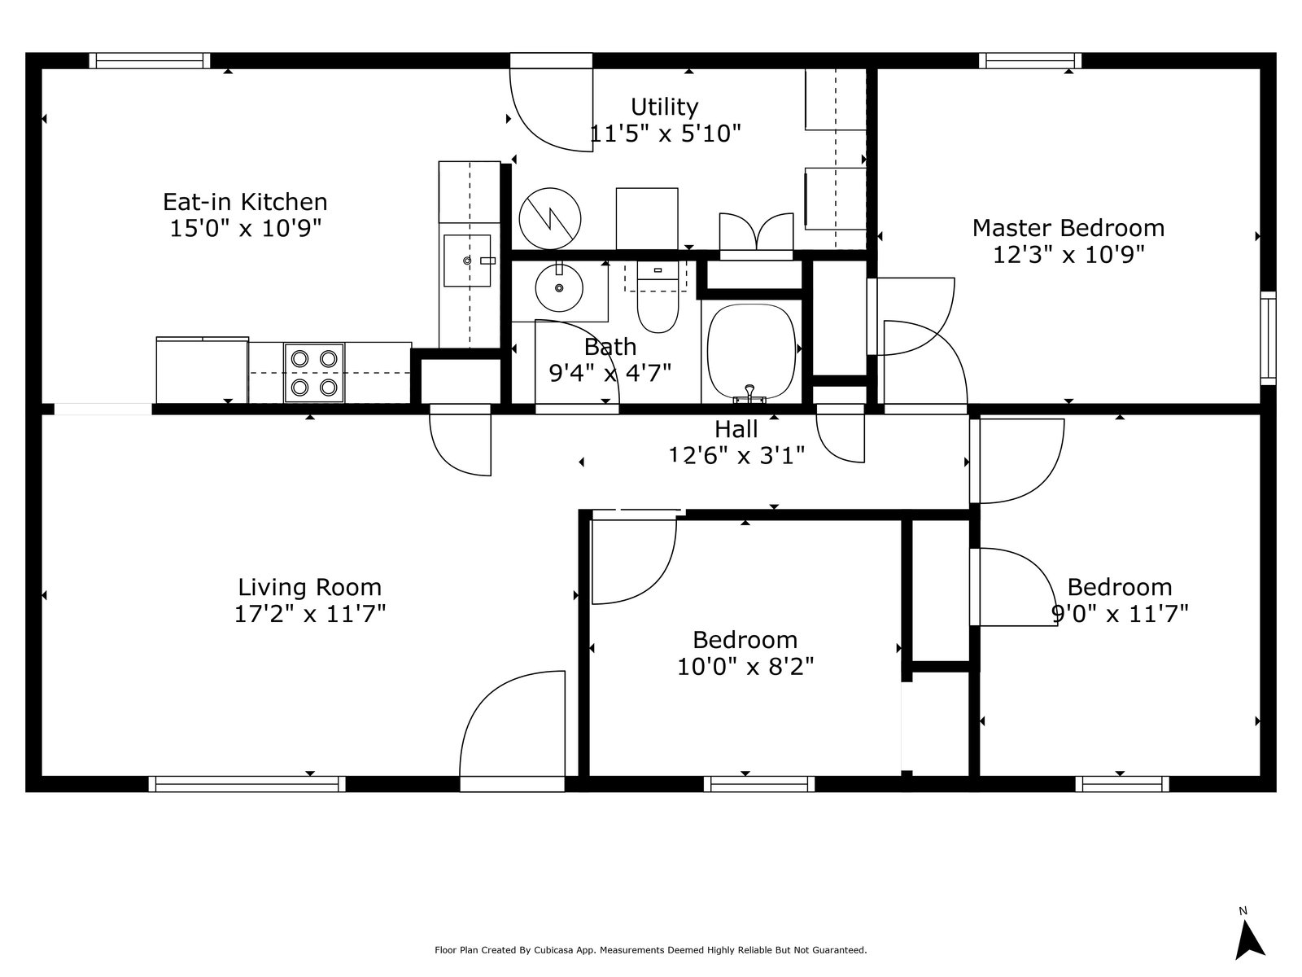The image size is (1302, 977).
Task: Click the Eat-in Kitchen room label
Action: point(245,202)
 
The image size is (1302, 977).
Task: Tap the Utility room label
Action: point(664,107)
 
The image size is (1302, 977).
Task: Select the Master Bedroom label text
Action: point(1068,229)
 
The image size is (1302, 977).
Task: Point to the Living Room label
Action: point(310,587)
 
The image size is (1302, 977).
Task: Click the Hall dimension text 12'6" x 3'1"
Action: point(736,455)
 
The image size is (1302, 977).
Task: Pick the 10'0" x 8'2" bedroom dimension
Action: point(745,667)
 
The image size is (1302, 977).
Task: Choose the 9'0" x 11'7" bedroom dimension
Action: point(1120,613)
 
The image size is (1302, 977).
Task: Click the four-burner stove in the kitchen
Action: point(314,373)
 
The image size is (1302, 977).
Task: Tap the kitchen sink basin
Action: point(467,261)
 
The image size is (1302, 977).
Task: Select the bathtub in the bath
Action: point(752,353)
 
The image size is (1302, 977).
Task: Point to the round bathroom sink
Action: point(559,288)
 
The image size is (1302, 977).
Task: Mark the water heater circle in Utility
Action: point(550,219)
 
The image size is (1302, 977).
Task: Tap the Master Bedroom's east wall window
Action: point(1268,338)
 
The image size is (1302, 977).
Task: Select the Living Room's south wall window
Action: point(247,784)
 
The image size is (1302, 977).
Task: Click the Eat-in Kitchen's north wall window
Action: point(150,61)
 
